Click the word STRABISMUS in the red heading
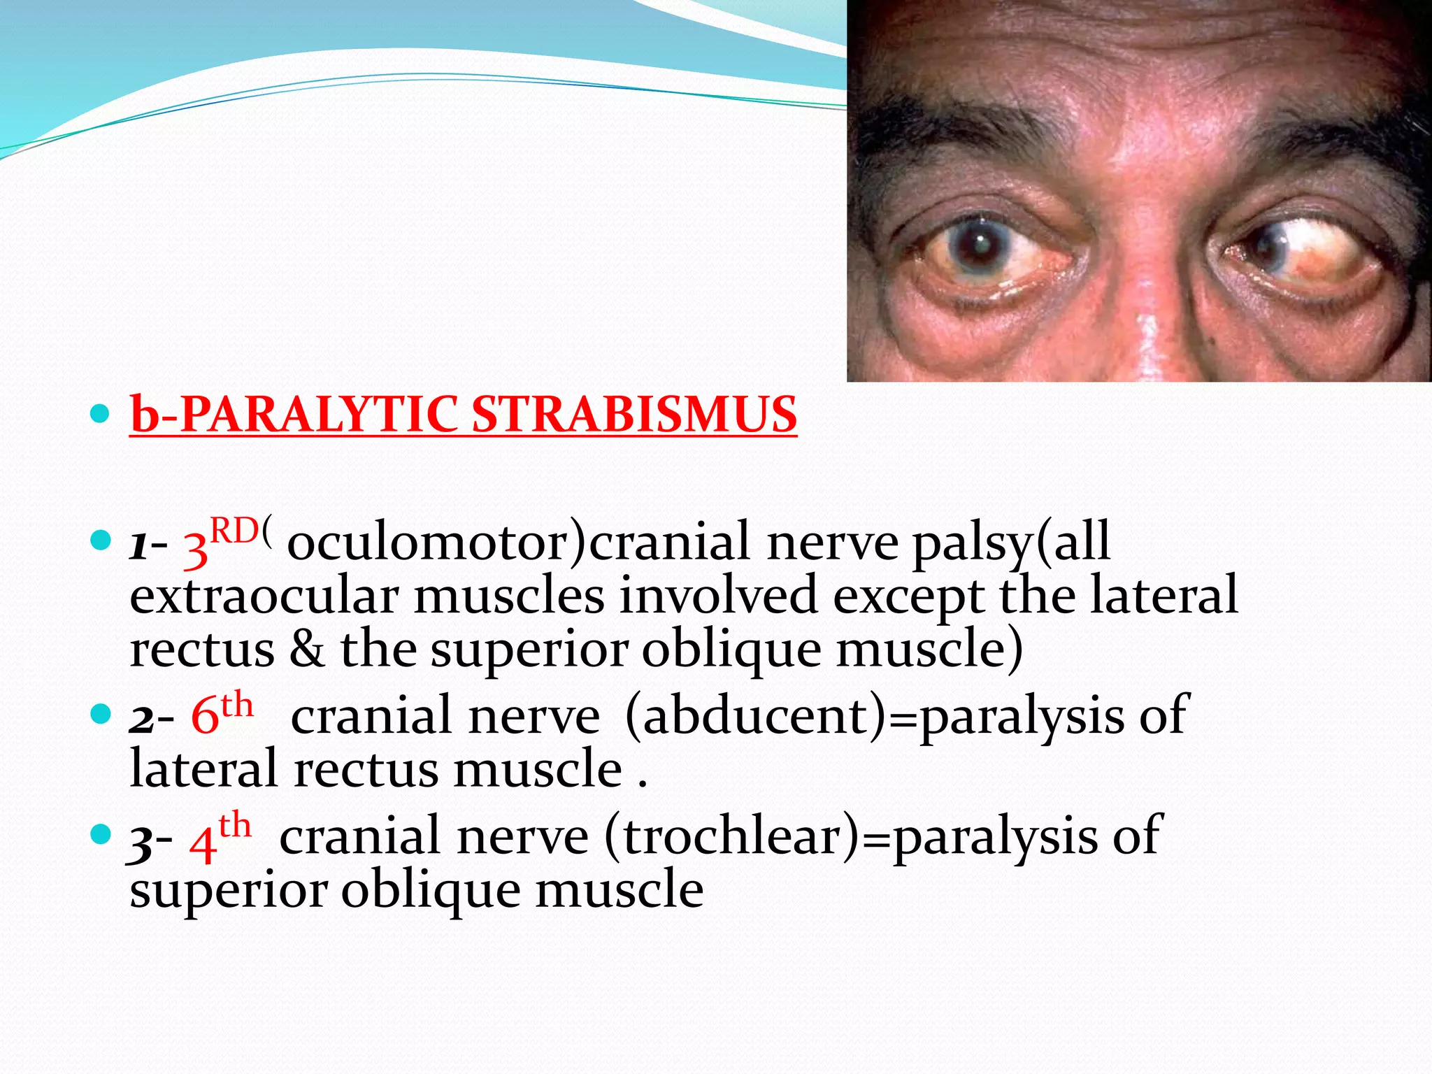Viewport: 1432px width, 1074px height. [x=634, y=415]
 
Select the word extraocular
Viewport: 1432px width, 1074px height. [x=264, y=596]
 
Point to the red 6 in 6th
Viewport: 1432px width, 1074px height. [x=204, y=717]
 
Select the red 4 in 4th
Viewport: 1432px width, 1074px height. [x=202, y=844]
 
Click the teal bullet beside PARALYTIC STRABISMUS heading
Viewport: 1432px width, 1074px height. [x=101, y=414]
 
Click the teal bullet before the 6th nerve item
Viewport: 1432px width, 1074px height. [x=101, y=715]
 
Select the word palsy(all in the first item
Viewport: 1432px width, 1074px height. [x=1012, y=543]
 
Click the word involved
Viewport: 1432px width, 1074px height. [x=718, y=596]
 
